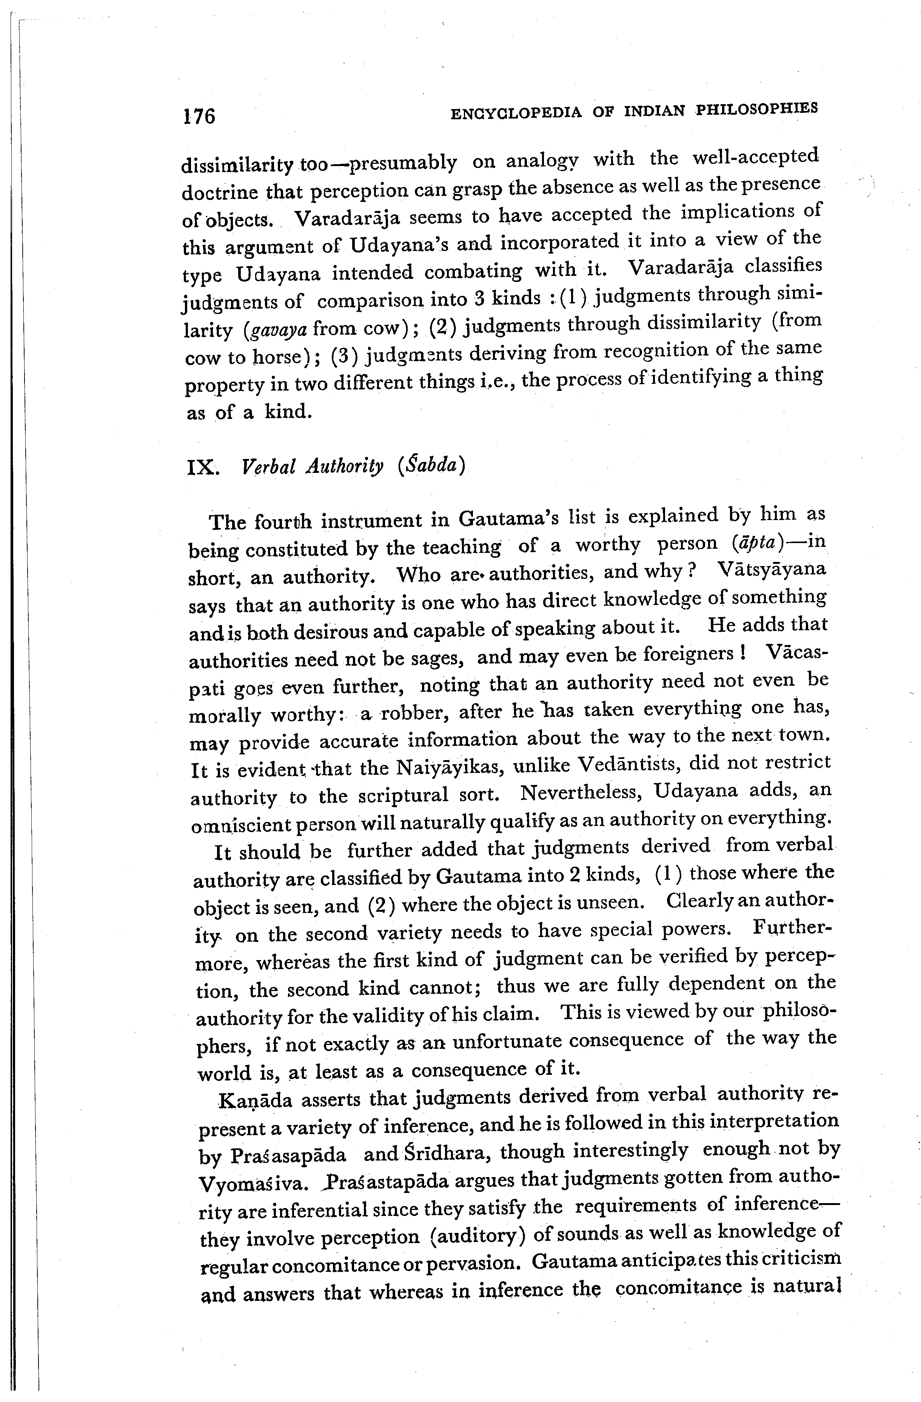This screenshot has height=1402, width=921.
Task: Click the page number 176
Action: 199,116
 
